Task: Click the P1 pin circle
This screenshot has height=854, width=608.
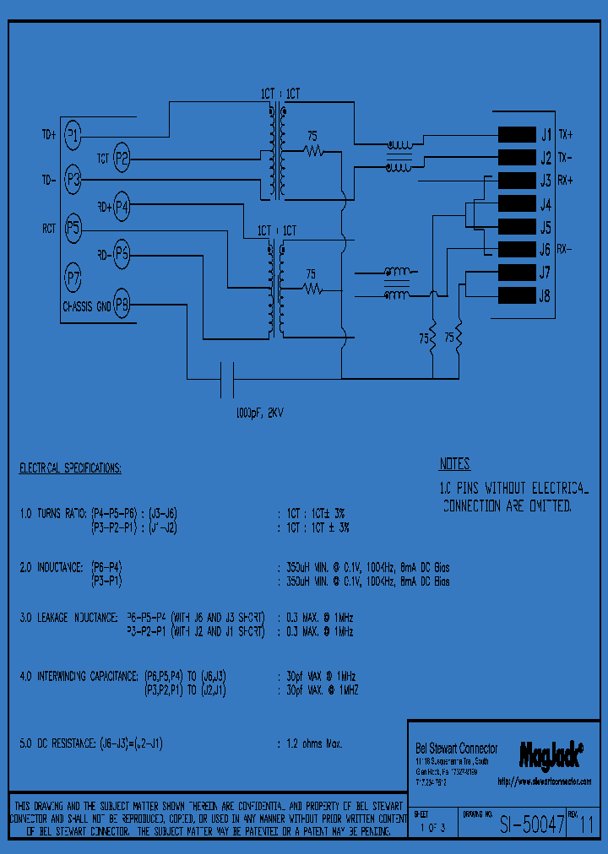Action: coord(73,133)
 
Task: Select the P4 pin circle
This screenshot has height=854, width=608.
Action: coord(122,205)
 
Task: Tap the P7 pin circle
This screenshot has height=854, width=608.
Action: coord(73,276)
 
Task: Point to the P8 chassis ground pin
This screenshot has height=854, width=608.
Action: coord(122,305)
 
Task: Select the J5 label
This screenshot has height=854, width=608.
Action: coord(545,228)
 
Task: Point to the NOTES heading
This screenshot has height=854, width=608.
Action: coord(454,464)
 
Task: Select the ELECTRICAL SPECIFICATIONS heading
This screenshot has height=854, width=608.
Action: coord(70,468)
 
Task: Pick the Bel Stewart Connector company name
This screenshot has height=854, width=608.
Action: coord(457,749)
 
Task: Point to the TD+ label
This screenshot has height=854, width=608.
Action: coord(49,134)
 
